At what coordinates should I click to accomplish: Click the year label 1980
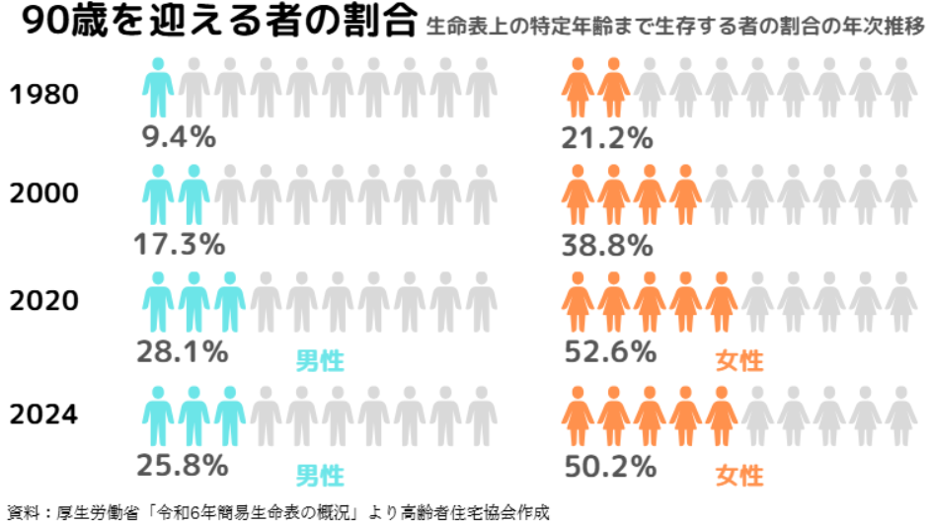43,96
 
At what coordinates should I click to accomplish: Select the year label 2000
43,194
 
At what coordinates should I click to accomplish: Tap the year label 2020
43,300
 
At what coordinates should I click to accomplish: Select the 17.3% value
179,244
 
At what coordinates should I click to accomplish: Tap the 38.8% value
607,244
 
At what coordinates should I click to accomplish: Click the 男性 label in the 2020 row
321,360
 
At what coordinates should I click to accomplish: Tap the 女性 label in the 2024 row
739,475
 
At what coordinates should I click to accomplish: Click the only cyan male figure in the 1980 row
158,88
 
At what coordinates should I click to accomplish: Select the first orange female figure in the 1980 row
578,88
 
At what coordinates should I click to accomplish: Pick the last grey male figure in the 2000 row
482,194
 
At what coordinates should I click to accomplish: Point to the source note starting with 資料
277,512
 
